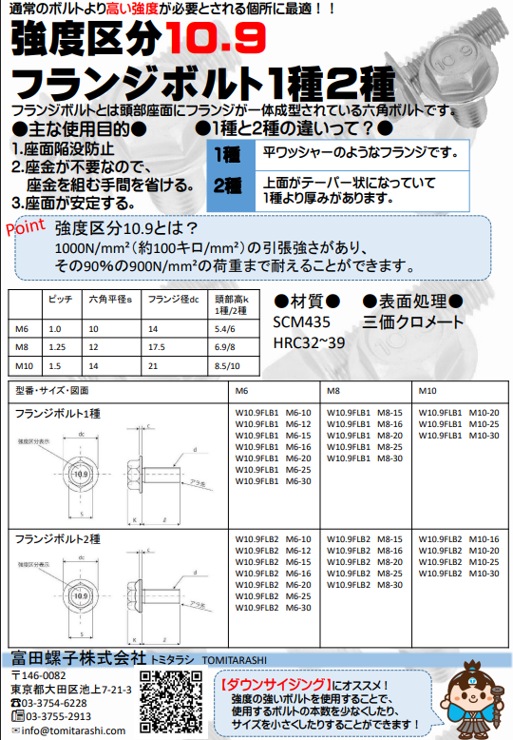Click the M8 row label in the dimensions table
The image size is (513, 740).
[x=22, y=346]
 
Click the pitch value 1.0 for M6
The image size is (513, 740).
[x=54, y=328]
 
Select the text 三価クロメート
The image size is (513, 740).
[x=412, y=322]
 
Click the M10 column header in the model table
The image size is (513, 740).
[x=429, y=390]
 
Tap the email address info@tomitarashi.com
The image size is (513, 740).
[x=73, y=730]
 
